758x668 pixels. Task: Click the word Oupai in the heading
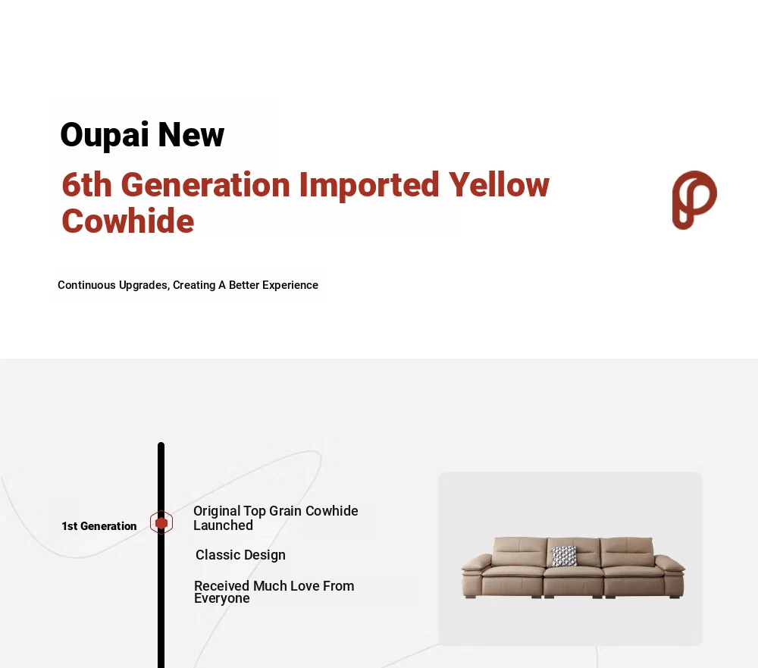point(104,135)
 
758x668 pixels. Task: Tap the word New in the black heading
point(191,134)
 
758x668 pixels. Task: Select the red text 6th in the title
point(86,184)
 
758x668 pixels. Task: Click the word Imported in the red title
point(369,186)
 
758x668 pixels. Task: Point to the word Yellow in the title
point(499,184)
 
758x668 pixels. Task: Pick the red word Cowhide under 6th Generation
point(128,221)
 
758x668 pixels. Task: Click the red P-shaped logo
point(694,199)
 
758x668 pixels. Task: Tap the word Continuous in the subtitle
point(86,285)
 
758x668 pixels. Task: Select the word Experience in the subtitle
point(290,285)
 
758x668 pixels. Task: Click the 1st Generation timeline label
point(99,525)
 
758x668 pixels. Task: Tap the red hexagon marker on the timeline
point(161,522)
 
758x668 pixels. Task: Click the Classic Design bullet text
point(240,555)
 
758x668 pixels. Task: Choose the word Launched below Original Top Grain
point(223,525)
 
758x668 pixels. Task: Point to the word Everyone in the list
point(222,598)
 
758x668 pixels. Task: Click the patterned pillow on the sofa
point(564,557)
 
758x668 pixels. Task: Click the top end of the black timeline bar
point(161,444)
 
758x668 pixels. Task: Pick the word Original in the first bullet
point(217,511)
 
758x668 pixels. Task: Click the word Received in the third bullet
point(222,586)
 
